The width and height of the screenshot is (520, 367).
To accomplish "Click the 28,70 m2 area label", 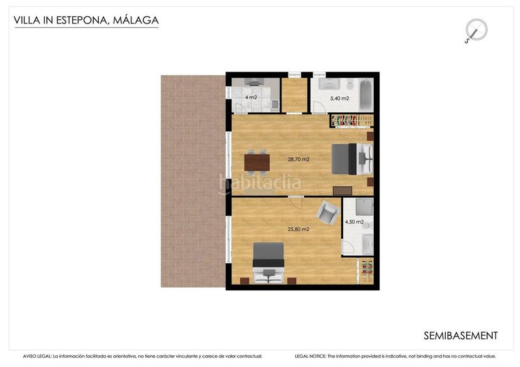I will (x=298, y=159).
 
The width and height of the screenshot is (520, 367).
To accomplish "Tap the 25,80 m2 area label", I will (x=298, y=229).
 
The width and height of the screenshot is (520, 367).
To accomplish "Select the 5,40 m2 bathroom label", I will (x=339, y=99).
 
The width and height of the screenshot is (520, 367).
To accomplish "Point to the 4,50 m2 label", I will (x=353, y=221).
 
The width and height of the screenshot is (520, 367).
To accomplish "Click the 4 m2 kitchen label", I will (x=250, y=97).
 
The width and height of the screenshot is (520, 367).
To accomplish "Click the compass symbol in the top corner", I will (x=476, y=30).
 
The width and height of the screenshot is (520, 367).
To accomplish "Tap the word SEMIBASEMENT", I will (x=460, y=336).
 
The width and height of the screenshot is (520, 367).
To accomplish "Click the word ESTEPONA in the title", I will (x=82, y=20).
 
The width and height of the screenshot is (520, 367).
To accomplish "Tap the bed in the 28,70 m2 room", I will (x=351, y=159).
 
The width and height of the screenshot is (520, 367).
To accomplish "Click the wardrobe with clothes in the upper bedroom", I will (x=352, y=120).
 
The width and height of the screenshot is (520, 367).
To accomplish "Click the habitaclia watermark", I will (x=260, y=184).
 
